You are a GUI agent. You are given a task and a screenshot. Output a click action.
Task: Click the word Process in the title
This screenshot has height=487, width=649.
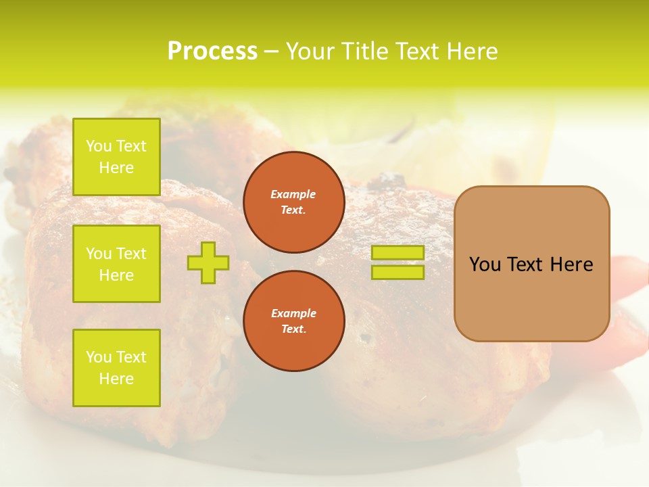click(x=212, y=51)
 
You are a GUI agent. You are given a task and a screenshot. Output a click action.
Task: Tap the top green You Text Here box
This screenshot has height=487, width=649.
click(x=116, y=157)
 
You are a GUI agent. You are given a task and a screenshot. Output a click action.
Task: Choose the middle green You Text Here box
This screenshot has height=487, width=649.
click(x=116, y=264)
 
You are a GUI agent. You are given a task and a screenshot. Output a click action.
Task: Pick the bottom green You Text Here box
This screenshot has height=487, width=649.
click(x=116, y=368)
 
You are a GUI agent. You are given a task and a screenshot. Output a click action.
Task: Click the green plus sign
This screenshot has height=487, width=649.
click(x=208, y=262)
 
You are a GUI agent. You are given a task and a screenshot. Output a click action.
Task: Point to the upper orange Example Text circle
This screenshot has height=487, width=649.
click(x=293, y=202)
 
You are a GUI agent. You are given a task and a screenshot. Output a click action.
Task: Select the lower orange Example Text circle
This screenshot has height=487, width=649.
click(x=293, y=321)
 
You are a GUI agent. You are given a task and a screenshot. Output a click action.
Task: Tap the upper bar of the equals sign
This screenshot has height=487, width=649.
click(x=398, y=253)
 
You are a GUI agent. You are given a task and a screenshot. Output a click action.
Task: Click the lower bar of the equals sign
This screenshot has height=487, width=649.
click(x=398, y=273)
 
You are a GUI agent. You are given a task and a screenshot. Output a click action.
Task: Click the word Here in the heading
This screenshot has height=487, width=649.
click(x=472, y=51)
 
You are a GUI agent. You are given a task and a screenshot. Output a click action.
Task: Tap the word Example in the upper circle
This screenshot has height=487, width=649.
click(x=293, y=194)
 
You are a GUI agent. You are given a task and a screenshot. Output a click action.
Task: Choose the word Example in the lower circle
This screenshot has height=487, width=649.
click(x=293, y=313)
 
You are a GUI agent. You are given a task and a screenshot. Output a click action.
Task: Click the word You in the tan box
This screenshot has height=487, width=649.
click(x=485, y=264)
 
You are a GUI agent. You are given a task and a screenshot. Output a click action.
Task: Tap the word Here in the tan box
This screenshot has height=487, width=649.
click(x=571, y=264)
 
